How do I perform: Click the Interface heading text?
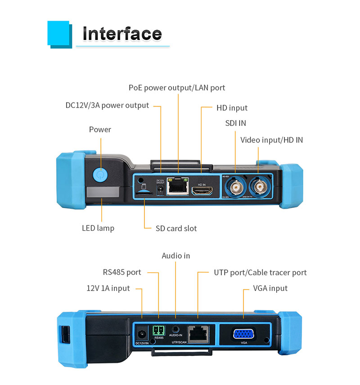[x=122, y=34]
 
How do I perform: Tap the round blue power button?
[x=100, y=174]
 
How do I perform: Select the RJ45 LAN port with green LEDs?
[x=178, y=186]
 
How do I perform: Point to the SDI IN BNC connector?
[x=235, y=186]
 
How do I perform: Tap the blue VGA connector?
[x=243, y=334]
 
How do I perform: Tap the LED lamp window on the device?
[x=103, y=192]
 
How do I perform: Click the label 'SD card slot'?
[x=176, y=228]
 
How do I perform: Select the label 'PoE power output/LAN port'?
[x=177, y=88]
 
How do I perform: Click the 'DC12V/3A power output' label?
[x=107, y=106]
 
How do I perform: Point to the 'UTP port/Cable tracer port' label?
[x=260, y=273]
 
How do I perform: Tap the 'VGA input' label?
[x=270, y=288]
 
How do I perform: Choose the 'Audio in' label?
[x=176, y=256]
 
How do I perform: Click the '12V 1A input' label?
[x=108, y=288]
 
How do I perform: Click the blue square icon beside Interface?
[x=58, y=34]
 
